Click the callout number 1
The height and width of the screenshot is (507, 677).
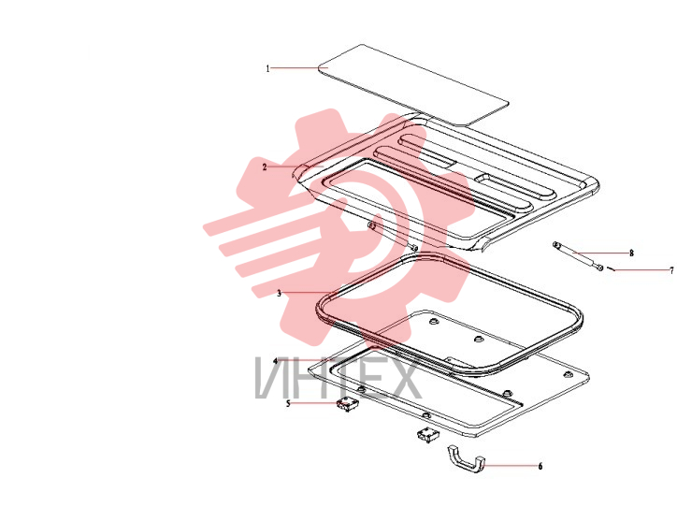(267, 68)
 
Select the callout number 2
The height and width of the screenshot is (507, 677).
(265, 167)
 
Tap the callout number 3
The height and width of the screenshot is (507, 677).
(279, 294)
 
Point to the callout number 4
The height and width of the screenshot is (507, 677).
(276, 360)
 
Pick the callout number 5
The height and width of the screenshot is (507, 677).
(288, 404)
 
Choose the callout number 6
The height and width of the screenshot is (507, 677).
(540, 466)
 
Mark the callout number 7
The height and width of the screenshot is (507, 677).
(671, 270)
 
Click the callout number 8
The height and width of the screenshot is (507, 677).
(631, 253)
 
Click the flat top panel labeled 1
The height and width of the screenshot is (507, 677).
(413, 85)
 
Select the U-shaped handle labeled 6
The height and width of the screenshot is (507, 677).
(467, 461)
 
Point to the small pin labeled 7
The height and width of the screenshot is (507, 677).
(611, 269)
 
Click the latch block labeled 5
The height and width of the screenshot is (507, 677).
(348, 405)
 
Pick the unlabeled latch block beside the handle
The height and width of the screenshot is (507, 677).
(427, 434)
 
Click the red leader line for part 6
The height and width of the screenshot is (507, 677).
(511, 466)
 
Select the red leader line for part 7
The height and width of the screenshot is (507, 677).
(641, 270)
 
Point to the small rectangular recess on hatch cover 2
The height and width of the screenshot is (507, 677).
(486, 180)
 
